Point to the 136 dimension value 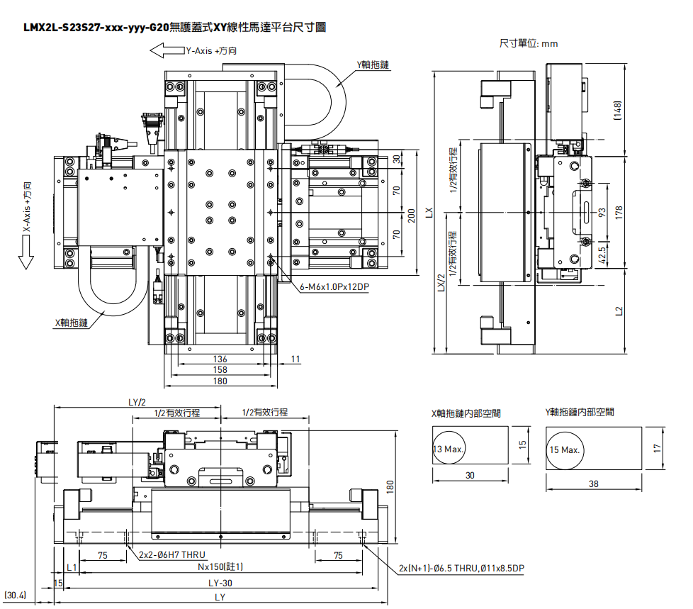(220, 359)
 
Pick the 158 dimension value (220, 369)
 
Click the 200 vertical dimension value (412, 213)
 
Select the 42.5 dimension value (602, 253)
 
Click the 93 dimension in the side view (602, 212)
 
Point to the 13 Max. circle (448, 449)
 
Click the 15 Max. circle (564, 449)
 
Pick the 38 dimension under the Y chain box (593, 484)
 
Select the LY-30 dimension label (221, 583)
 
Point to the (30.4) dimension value (15, 595)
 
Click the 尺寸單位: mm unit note (529, 44)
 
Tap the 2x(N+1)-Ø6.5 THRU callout (461, 569)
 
